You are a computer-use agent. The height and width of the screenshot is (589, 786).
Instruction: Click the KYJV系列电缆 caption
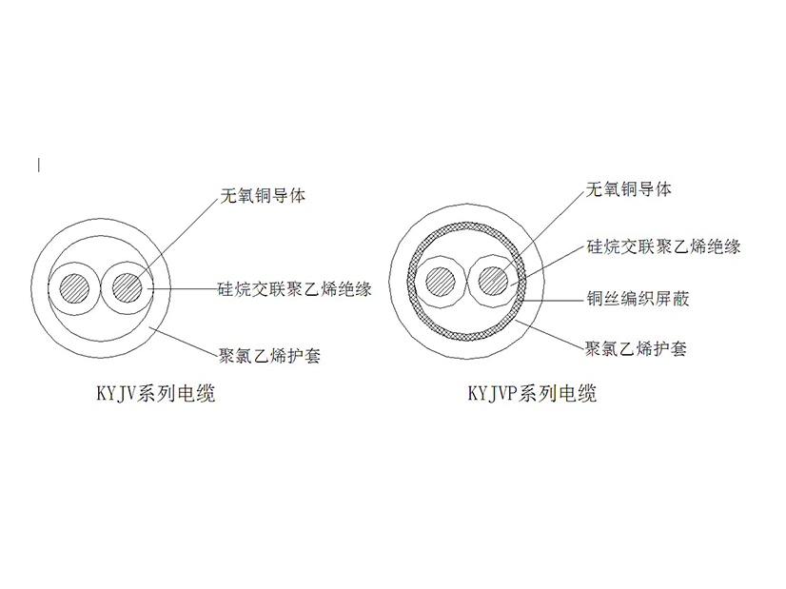pyautogui.click(x=156, y=393)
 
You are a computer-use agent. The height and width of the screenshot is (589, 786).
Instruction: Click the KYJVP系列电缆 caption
pyautogui.click(x=532, y=393)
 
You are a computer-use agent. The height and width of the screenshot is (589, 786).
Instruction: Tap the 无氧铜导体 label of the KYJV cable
pyautogui.click(x=263, y=195)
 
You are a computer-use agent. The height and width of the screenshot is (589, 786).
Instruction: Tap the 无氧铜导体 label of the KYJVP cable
pyautogui.click(x=629, y=189)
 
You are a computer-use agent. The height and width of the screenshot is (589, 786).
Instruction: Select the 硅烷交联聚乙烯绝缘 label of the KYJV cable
pyautogui.click(x=295, y=288)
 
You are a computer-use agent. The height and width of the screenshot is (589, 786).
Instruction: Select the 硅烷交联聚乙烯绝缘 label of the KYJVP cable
pyautogui.click(x=663, y=246)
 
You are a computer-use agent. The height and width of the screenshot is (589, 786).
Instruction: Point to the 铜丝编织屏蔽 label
pyautogui.click(x=639, y=298)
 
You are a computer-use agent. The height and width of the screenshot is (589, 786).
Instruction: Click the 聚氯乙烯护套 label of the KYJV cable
pyautogui.click(x=269, y=356)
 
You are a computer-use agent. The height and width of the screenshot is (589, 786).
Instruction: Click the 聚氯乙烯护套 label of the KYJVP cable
pyautogui.click(x=636, y=348)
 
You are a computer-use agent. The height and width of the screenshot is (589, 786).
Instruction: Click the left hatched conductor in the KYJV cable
pyautogui.click(x=74, y=288)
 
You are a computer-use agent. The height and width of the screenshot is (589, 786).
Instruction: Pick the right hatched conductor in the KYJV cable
pyautogui.click(x=128, y=288)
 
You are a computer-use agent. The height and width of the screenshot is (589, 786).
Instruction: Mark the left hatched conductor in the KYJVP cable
pyautogui.click(x=441, y=282)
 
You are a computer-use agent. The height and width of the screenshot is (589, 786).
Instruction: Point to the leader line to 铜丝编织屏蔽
pyautogui.click(x=555, y=301)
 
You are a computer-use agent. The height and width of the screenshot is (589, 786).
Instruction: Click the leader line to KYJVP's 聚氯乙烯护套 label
pyautogui.click(x=550, y=334)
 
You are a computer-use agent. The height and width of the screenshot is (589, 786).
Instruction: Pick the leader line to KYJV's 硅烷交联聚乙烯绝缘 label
pyautogui.click(x=183, y=288)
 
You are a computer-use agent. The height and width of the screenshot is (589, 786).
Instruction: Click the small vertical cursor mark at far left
pyautogui.click(x=39, y=165)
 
